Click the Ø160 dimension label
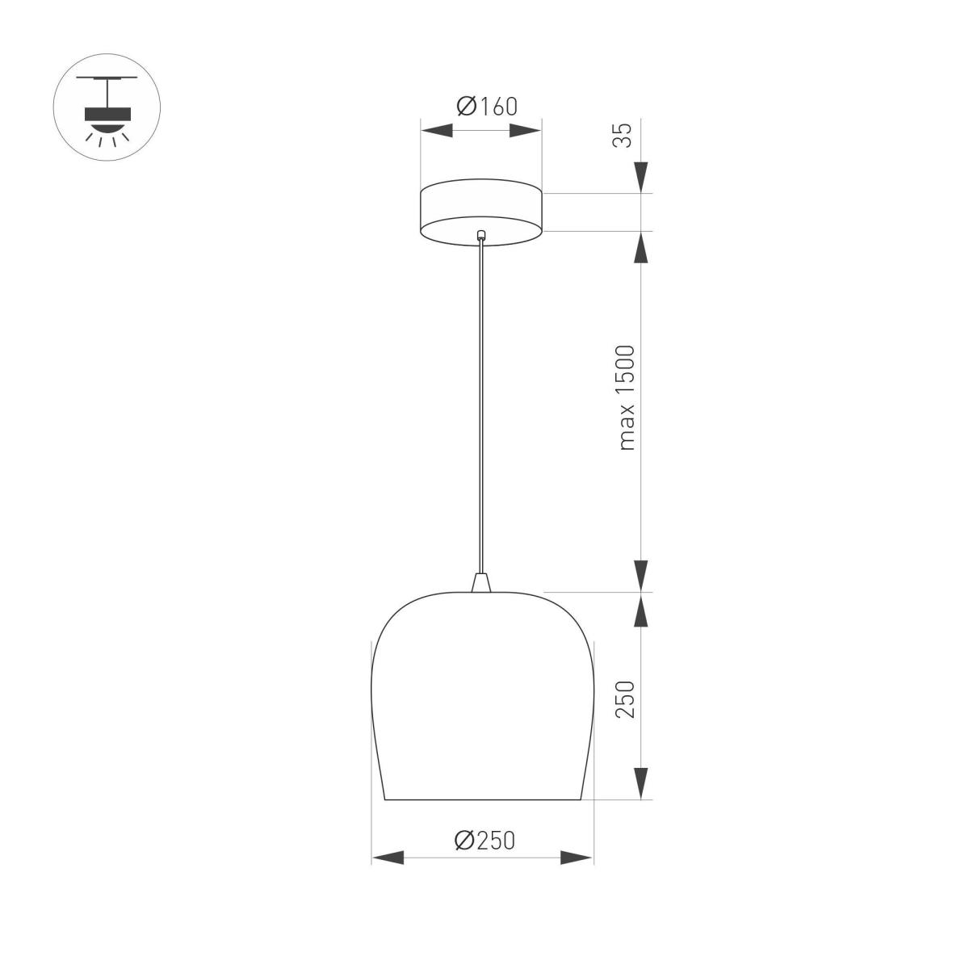point(486,106)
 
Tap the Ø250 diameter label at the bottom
point(484,841)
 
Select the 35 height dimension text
point(623,135)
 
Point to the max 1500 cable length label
point(627,397)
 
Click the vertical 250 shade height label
point(627,699)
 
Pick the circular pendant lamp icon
point(107,107)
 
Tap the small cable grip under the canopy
point(481,236)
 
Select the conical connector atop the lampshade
point(481,582)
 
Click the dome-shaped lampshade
point(483,694)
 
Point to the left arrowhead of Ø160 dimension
point(436,131)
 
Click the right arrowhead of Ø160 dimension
point(526,131)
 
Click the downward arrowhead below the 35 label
point(641,177)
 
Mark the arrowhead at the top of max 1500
point(641,247)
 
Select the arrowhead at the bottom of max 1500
point(641,576)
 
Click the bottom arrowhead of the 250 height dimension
point(641,783)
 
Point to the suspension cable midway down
point(481,404)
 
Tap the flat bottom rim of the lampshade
point(483,799)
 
